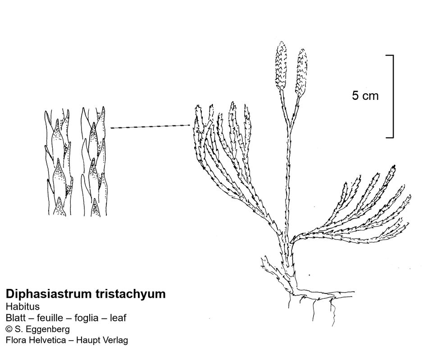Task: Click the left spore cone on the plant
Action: point(280,64)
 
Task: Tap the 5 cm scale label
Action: point(365,96)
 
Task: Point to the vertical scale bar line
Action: point(393,96)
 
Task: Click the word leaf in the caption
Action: point(118,318)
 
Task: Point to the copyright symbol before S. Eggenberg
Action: point(9,329)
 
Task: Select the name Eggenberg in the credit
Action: point(47,329)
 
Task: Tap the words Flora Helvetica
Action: point(32,340)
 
